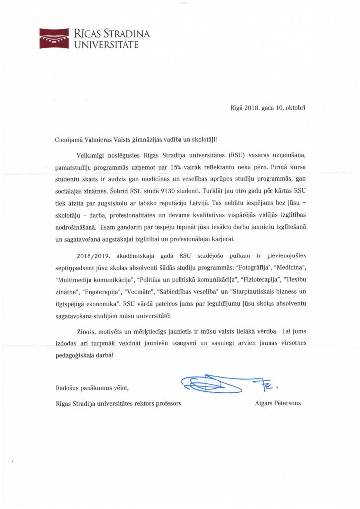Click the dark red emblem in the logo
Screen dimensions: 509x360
coord(54,37)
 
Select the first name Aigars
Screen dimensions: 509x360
coord(263,403)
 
